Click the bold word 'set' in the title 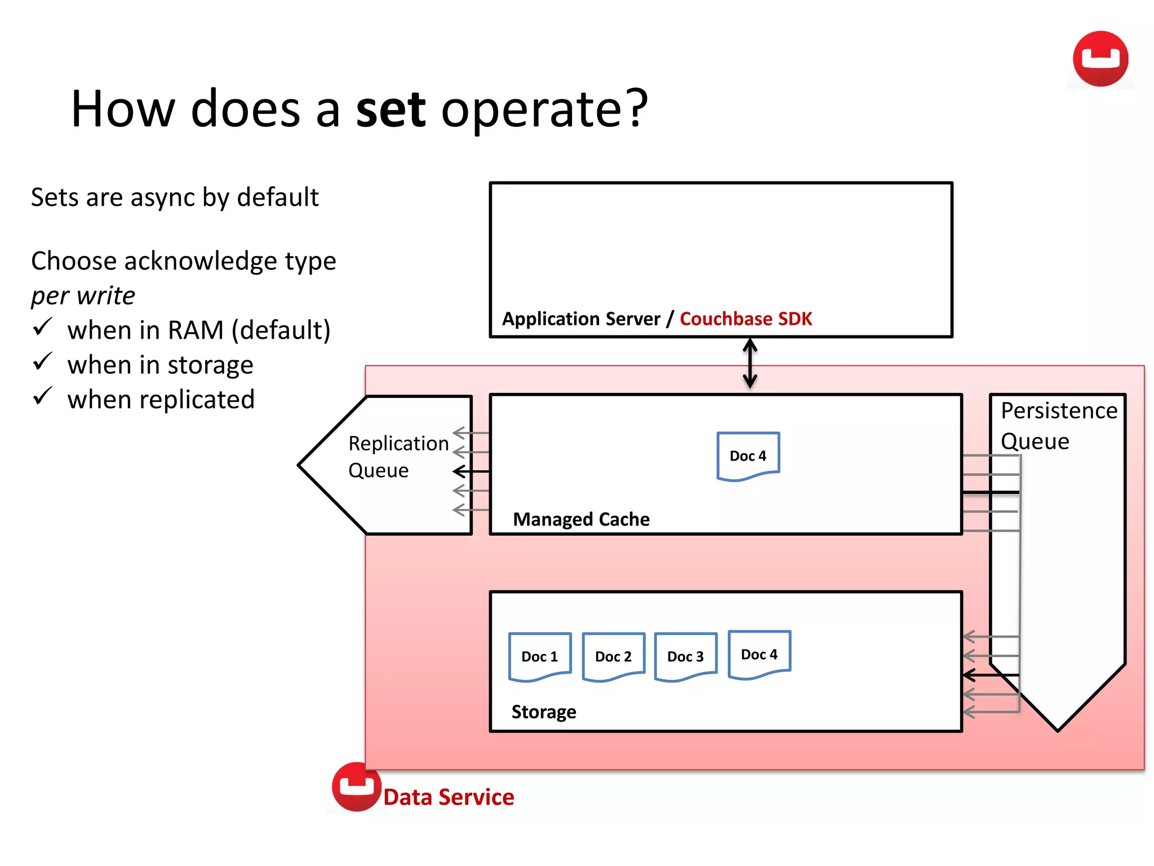[x=390, y=109]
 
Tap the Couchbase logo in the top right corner [x=1100, y=59]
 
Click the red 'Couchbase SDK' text [x=745, y=319]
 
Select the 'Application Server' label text [x=581, y=319]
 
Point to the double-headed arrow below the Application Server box [x=749, y=363]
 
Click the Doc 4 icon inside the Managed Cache [x=748, y=456]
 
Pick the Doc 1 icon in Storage [x=539, y=657]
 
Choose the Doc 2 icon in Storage [x=613, y=657]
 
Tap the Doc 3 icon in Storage [x=685, y=657]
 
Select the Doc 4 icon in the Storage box [x=759, y=655]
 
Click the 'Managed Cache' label [x=581, y=519]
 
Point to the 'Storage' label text [x=543, y=712]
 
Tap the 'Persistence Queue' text [x=1058, y=426]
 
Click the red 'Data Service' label [x=449, y=797]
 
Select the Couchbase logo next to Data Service [x=356, y=787]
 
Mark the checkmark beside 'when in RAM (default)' [x=42, y=327]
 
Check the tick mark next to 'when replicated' [x=42, y=396]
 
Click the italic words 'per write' [x=83, y=295]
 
